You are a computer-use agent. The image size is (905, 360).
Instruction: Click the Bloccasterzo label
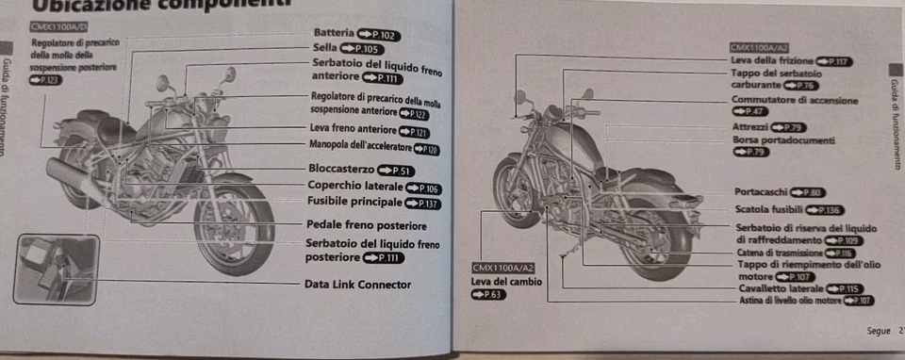pyautogui.click(x=341, y=170)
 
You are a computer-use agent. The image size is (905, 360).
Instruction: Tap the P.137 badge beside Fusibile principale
pyautogui.click(x=422, y=205)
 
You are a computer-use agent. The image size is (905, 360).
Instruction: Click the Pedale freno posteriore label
pyautogui.click(x=366, y=226)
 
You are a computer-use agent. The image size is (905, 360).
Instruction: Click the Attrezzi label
pyautogui.click(x=750, y=126)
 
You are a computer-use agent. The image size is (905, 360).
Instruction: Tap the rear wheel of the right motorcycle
pyautogui.click(x=655, y=236)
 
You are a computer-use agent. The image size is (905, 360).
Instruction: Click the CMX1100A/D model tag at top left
pyautogui.click(x=56, y=28)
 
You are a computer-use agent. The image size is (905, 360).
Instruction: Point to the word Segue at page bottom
pyautogui.click(x=879, y=330)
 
